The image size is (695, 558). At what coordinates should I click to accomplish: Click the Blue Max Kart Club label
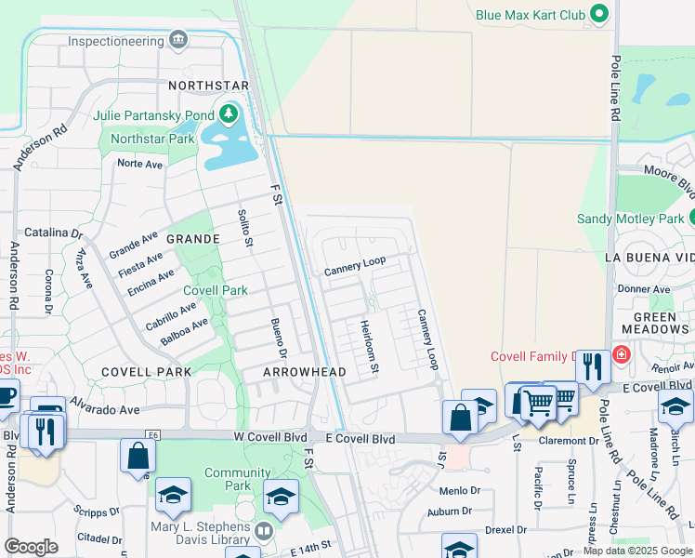tap(530, 15)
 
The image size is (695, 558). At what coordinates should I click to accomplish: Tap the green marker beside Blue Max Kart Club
tap(599, 15)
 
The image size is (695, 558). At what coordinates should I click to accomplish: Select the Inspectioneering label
tap(115, 42)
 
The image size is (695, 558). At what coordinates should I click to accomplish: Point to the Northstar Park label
tap(151, 139)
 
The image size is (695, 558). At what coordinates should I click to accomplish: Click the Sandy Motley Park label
tap(630, 219)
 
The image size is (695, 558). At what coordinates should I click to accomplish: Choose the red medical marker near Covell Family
tap(621, 355)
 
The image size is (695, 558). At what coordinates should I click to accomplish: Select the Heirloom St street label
tap(368, 347)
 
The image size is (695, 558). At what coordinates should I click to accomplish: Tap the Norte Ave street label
tap(139, 164)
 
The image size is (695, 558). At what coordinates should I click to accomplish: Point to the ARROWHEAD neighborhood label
tap(304, 372)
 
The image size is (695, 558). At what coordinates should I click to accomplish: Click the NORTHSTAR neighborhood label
tap(209, 86)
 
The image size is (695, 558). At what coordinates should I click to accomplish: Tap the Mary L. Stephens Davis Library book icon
tap(264, 532)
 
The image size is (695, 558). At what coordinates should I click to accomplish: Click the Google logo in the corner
tap(31, 547)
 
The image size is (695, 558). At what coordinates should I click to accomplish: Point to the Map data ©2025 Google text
tap(636, 551)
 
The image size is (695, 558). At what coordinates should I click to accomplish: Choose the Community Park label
tap(238, 479)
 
